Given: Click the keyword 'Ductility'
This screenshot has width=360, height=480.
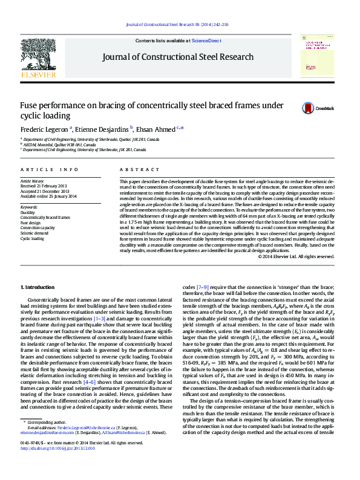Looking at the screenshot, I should (x=27, y=213).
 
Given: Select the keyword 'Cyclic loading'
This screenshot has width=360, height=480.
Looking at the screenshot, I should (x=32, y=239).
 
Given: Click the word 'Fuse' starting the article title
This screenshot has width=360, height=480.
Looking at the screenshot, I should (x=30, y=106).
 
